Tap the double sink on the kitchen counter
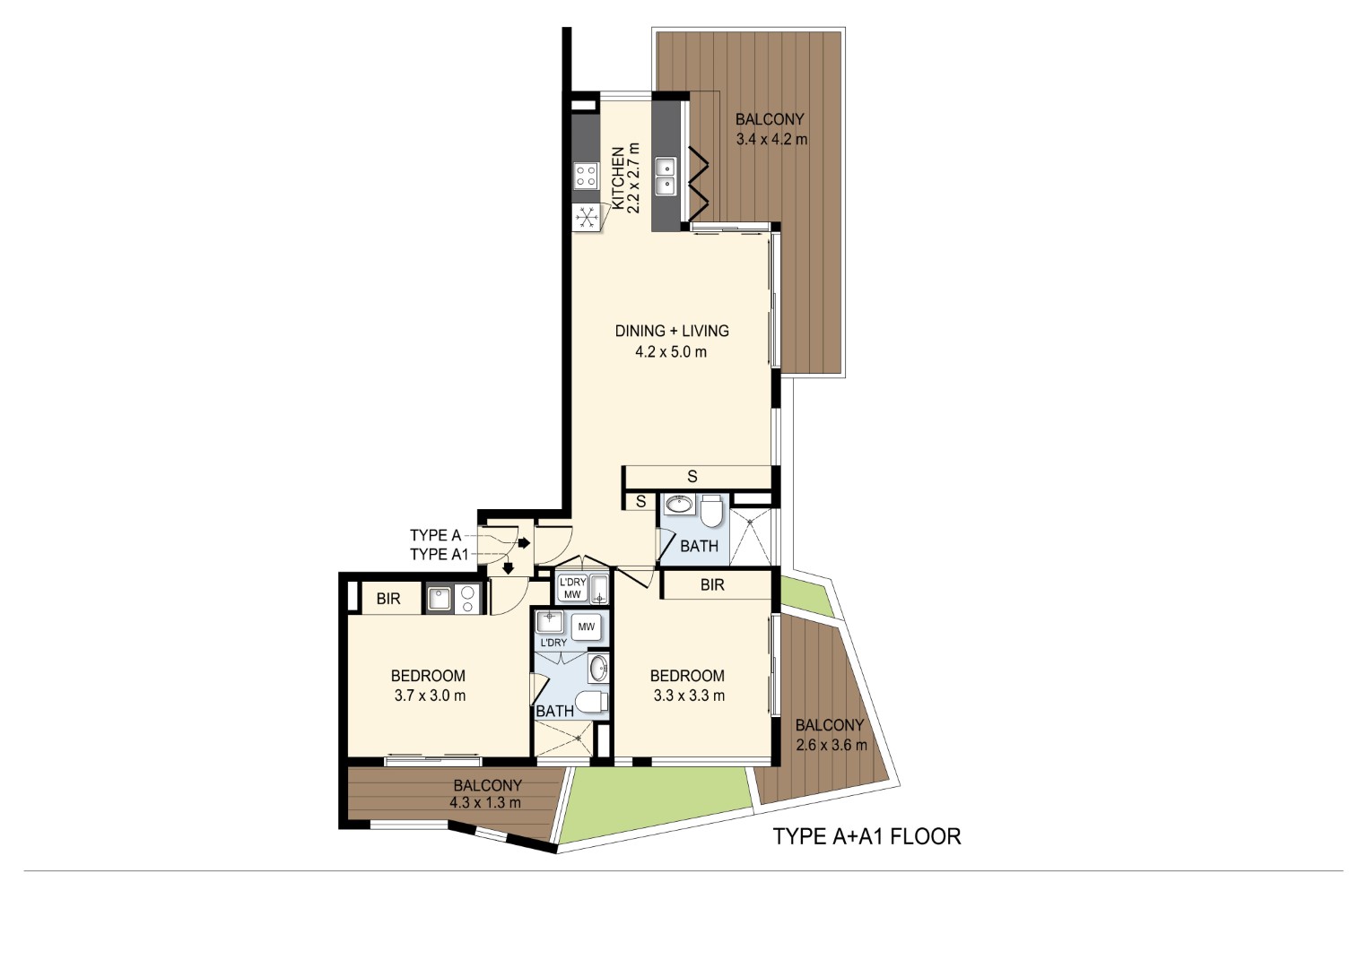click(666, 177)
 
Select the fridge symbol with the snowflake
click(587, 218)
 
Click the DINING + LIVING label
click(672, 332)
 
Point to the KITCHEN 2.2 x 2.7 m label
click(626, 178)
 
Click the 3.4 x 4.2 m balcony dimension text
click(771, 139)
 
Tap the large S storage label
click(692, 476)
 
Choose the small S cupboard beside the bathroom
click(640, 501)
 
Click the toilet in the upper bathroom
click(711, 511)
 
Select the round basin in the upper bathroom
click(678, 505)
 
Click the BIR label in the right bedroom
click(712, 585)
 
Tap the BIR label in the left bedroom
click(388, 599)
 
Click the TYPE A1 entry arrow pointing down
click(508, 568)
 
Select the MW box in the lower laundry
click(586, 627)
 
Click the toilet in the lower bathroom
click(591, 702)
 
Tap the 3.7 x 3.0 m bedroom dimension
click(430, 696)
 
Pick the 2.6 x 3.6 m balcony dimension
click(832, 745)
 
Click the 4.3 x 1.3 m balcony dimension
click(485, 803)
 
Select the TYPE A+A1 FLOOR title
click(866, 836)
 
